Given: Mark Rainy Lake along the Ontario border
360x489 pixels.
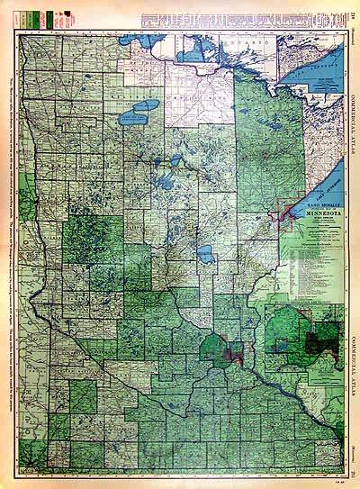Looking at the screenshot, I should [x=200, y=54].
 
